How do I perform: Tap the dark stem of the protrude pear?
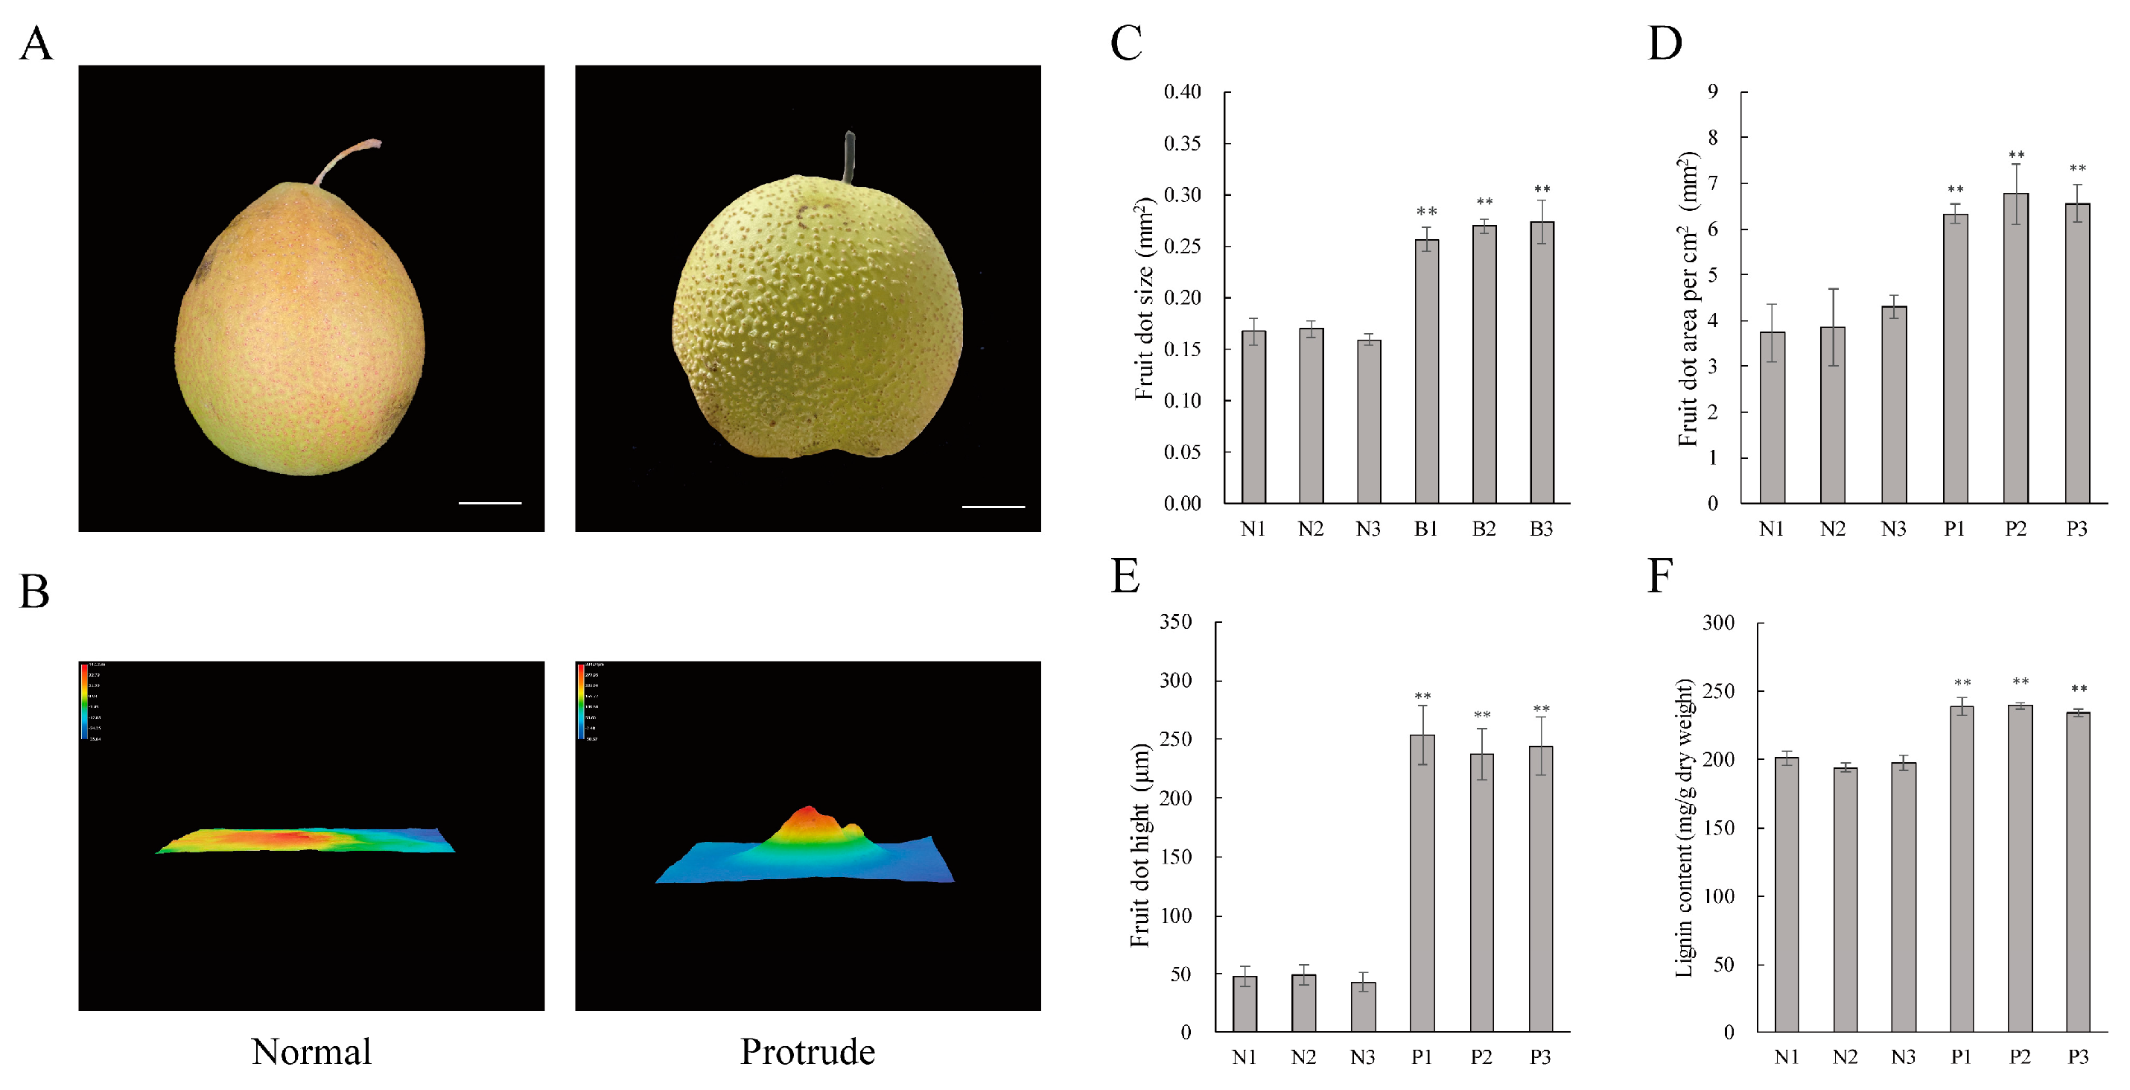(848, 157)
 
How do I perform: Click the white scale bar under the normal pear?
(489, 502)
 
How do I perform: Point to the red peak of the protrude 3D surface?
(809, 814)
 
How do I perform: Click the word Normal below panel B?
(311, 1052)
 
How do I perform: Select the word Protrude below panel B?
(807, 1052)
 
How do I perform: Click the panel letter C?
(1125, 43)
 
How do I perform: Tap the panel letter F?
(1659, 576)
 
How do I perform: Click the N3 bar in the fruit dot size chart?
(1368, 421)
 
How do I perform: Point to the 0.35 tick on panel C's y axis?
(1183, 144)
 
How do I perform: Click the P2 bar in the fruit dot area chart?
(2016, 347)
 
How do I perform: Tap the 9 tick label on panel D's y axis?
(1712, 92)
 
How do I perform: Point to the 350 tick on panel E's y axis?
(1175, 622)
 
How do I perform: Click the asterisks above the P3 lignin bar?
(2078, 689)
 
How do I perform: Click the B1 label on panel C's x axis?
(1425, 529)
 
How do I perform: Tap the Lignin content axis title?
(1683, 827)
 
